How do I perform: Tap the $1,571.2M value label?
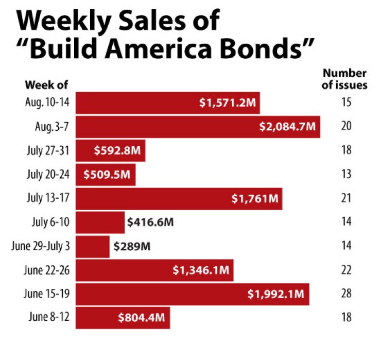point(227,102)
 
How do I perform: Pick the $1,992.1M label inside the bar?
point(276,294)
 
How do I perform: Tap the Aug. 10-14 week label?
point(47,102)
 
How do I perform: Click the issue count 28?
point(346,294)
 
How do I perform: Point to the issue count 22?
point(346,270)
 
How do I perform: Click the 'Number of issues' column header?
point(344,79)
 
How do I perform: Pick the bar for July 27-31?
point(111,150)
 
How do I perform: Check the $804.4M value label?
point(141,318)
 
